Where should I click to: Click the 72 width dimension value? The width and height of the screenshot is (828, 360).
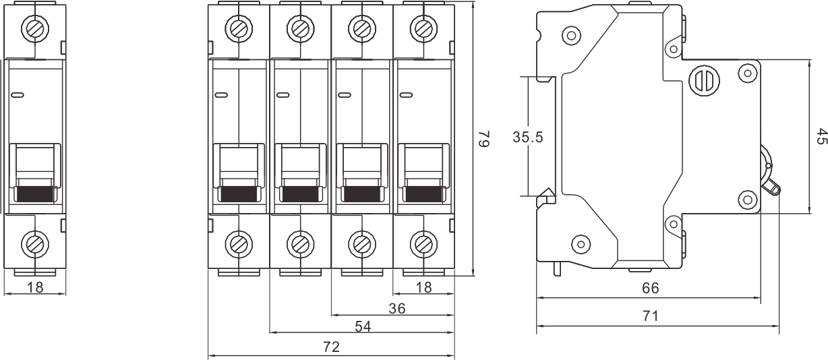331,347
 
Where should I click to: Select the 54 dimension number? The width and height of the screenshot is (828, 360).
363,326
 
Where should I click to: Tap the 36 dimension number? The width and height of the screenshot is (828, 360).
397,308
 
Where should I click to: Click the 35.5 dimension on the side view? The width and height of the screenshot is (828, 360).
528,138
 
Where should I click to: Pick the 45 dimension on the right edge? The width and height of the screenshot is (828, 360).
821,137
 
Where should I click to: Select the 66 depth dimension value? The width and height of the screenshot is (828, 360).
649,289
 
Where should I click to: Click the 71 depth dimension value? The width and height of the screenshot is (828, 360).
649,316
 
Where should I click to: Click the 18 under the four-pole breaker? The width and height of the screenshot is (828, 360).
423,287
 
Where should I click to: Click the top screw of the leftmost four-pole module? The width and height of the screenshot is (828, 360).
238,28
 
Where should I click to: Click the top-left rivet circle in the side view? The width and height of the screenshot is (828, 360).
571,34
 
